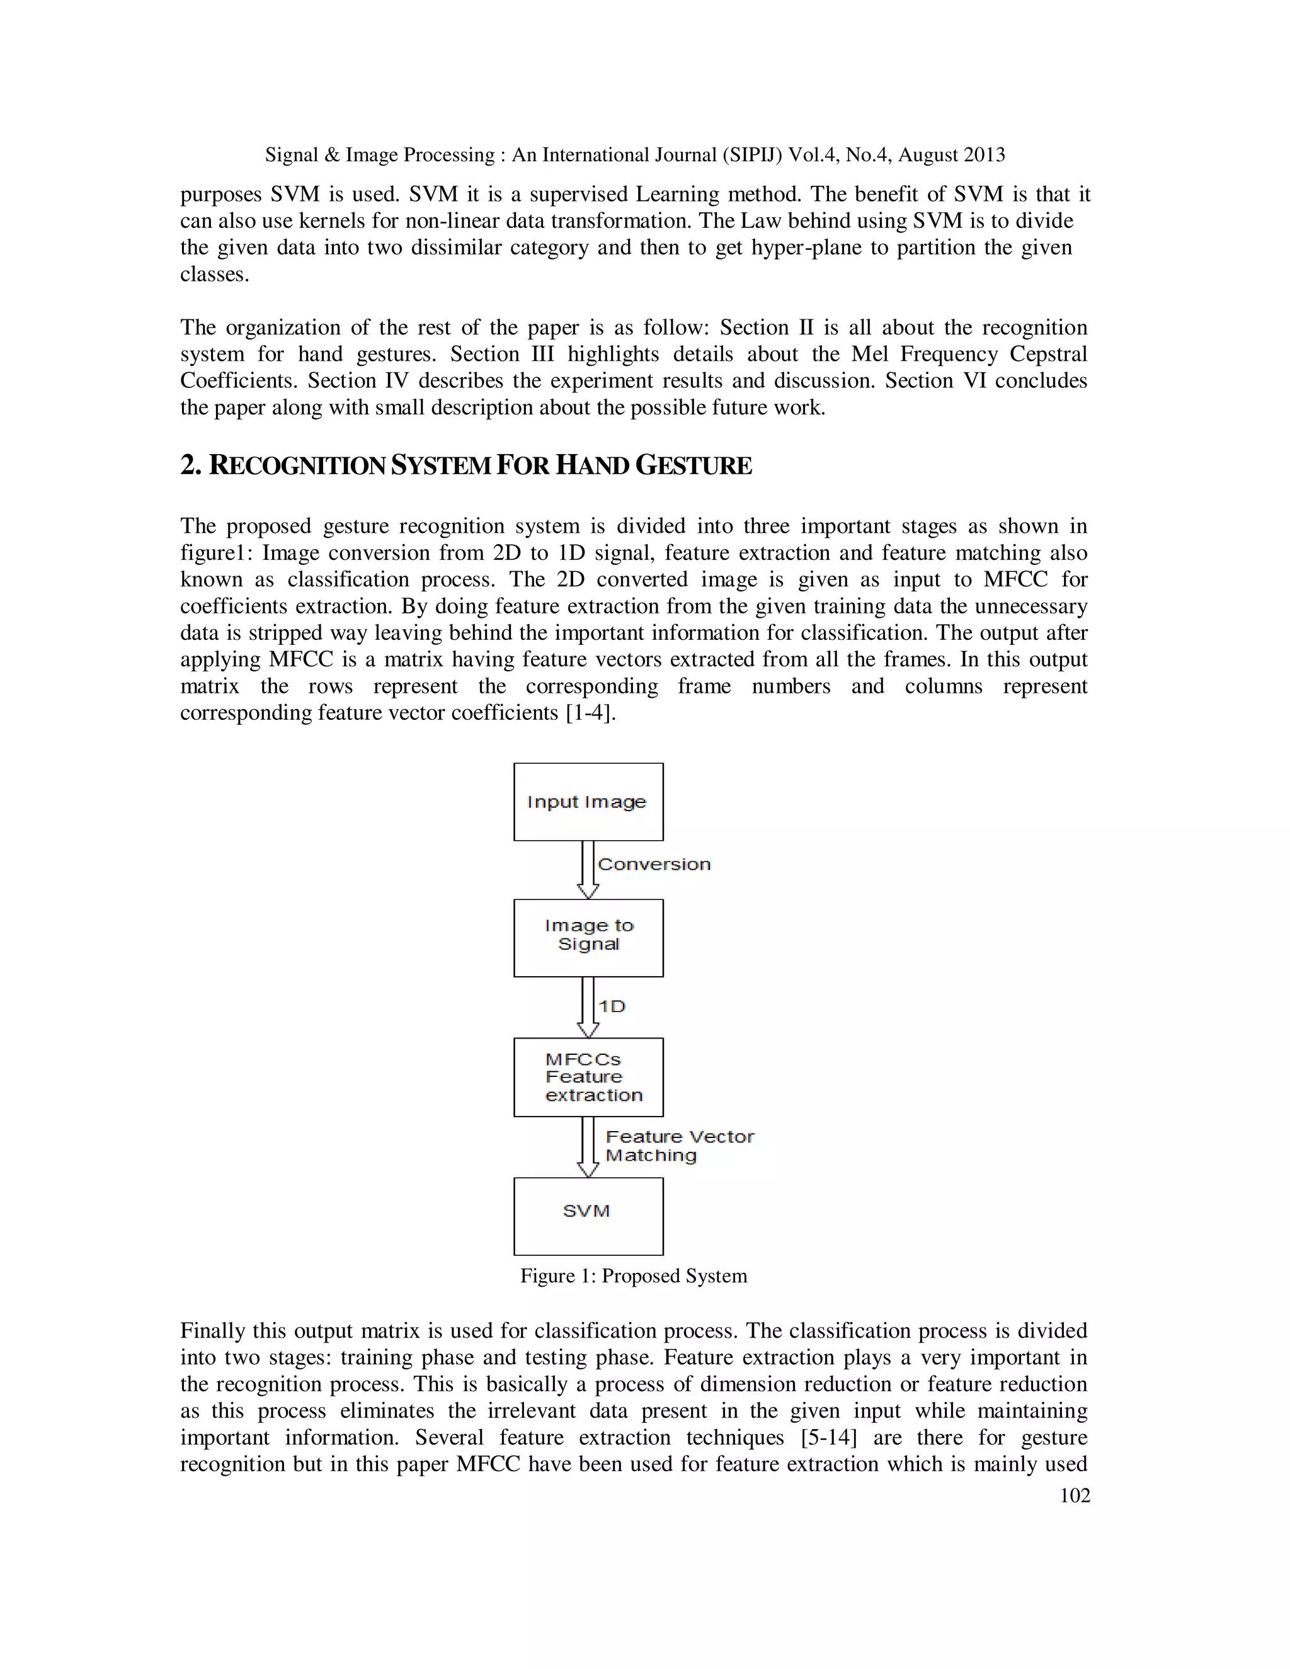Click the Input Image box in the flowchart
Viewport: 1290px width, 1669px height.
click(588, 802)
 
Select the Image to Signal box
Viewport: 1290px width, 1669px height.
click(588, 938)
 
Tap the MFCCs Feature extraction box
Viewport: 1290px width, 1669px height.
click(588, 1077)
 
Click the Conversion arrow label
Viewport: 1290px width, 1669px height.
click(654, 864)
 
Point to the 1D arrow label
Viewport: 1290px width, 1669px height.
click(612, 1006)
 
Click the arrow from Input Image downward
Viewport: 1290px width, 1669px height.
click(588, 870)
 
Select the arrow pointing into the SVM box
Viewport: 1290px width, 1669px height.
click(588, 1147)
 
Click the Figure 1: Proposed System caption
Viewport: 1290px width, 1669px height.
click(634, 1275)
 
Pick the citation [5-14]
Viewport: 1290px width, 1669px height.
click(828, 1437)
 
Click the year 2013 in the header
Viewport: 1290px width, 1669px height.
click(985, 155)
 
